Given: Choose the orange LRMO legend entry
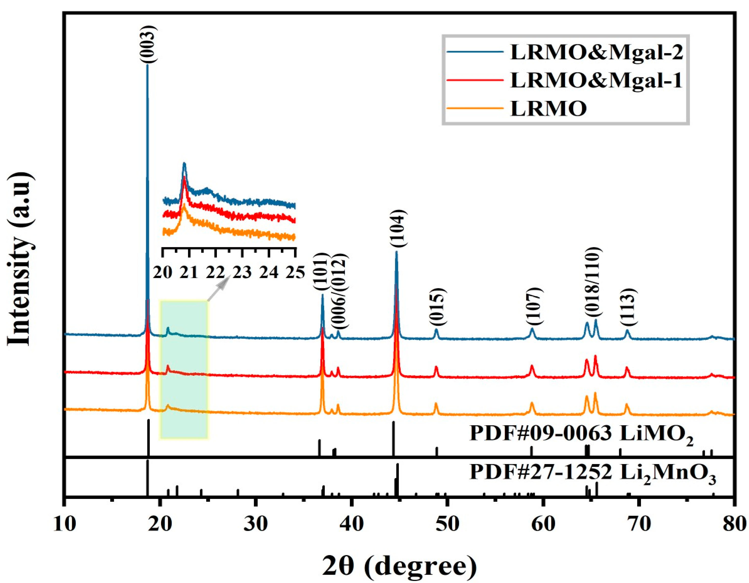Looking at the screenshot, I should click(x=549, y=109).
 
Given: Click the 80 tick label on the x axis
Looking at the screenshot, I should click(x=734, y=524).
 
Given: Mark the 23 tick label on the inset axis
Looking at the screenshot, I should click(x=242, y=273).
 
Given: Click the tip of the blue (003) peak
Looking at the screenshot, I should click(x=148, y=65).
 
